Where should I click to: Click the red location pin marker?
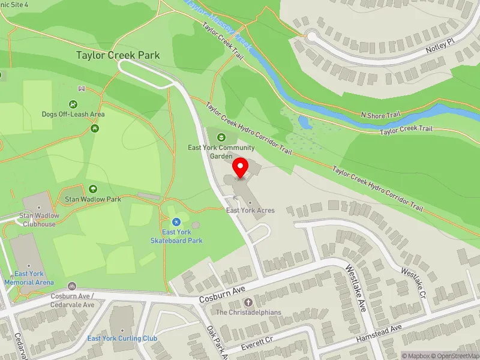tap(241, 168)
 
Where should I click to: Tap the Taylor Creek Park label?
tap(118, 55)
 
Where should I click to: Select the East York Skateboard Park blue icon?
tap(176, 222)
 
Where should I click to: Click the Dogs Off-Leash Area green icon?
tap(73, 104)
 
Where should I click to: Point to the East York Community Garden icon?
tap(221, 138)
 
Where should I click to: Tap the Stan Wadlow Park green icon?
tap(93, 190)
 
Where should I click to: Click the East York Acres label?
tap(250, 210)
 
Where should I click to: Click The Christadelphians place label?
tap(248, 313)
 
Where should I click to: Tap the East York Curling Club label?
tap(122, 338)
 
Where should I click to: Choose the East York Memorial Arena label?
tap(29, 278)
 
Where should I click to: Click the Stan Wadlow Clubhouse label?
tap(37, 220)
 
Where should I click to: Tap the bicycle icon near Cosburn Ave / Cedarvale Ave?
tap(72, 286)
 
